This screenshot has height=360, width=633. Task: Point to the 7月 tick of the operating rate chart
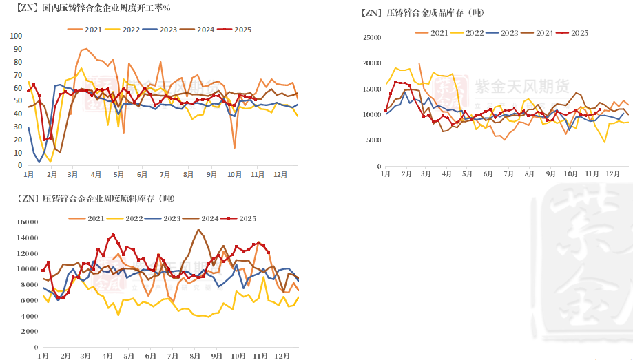click(x=165, y=175)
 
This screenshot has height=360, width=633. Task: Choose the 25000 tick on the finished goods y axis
click(x=371, y=37)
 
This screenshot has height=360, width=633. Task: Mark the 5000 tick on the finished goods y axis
click(x=373, y=140)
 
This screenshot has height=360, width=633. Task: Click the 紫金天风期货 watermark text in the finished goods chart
click(x=521, y=86)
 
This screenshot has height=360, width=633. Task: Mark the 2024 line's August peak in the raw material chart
click(x=198, y=229)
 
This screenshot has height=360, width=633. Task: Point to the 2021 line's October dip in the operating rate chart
click(x=235, y=148)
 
